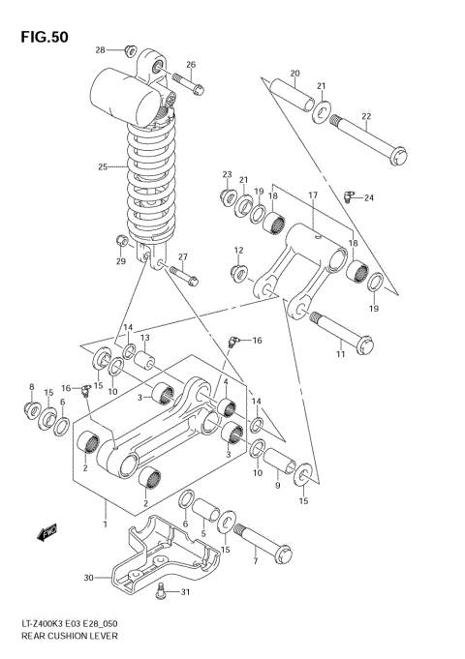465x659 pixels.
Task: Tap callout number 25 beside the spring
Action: click(x=102, y=166)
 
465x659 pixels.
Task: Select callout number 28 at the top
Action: click(x=101, y=49)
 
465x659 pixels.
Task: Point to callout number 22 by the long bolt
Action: click(x=366, y=117)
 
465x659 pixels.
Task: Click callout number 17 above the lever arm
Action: click(x=313, y=195)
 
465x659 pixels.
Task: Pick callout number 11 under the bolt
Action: click(x=340, y=355)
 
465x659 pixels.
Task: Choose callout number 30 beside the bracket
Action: click(x=87, y=579)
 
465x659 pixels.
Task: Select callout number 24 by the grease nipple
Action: click(x=368, y=198)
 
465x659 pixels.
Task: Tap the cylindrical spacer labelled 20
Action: click(x=292, y=93)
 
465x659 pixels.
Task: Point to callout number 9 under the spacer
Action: click(x=276, y=486)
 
